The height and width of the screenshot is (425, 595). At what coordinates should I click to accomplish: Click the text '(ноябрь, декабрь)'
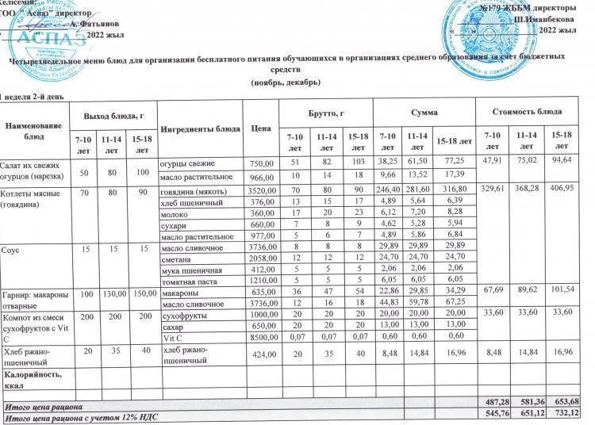coord(285,82)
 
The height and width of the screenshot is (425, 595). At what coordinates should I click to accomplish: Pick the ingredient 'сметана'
coord(177,259)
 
